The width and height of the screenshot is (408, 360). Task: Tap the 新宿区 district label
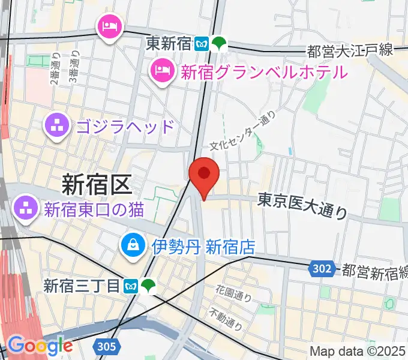[x=96, y=184]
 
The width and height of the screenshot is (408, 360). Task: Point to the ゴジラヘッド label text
[x=125, y=127]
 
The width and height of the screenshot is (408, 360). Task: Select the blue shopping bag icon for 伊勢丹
[x=131, y=245]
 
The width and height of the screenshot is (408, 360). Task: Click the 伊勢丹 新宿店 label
[x=203, y=246]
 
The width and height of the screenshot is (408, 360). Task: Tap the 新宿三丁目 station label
[x=82, y=286]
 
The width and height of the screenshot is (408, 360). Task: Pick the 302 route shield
[x=323, y=269]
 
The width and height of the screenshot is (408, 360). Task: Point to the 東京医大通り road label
[x=303, y=205]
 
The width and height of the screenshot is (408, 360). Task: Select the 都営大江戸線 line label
[x=350, y=50]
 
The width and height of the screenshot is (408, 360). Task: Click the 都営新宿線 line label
[x=374, y=271]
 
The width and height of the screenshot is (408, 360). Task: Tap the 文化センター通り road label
[x=242, y=130]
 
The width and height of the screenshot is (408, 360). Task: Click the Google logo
[x=40, y=346]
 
